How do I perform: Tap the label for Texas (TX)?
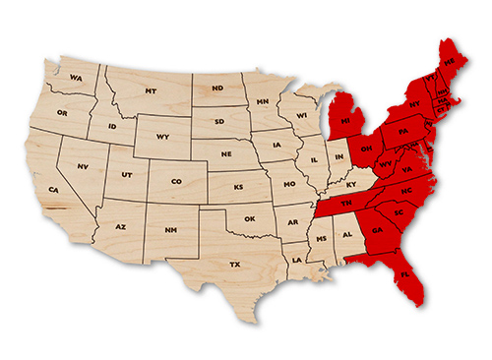(234, 265)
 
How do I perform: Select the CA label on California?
(54, 189)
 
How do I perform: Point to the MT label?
(151, 90)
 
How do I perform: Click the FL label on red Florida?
(404, 274)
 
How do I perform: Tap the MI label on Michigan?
(344, 122)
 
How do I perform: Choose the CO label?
(175, 181)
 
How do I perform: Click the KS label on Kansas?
(238, 186)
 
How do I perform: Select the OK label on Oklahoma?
(250, 218)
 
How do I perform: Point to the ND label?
(217, 87)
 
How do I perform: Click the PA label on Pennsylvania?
(402, 131)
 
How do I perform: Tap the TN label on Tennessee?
(346, 202)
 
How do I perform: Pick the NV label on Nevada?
(83, 166)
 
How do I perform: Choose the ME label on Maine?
(451, 61)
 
